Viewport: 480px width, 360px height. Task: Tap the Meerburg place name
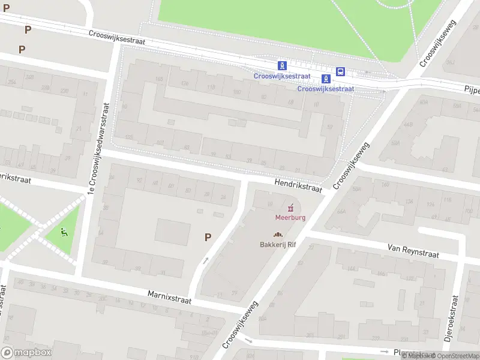pyautogui.click(x=290, y=217)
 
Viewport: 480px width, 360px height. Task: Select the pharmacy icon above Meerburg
pyautogui.click(x=291, y=208)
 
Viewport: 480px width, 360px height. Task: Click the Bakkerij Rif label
pyautogui.click(x=278, y=244)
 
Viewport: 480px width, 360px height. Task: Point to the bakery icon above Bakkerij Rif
pyautogui.click(x=278, y=235)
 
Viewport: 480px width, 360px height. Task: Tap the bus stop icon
pyautogui.click(x=341, y=72)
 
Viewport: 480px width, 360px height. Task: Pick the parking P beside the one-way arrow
pyautogui.click(x=208, y=237)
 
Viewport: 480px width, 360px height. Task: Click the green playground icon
pyautogui.click(x=65, y=231)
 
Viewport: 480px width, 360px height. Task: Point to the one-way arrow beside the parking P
pyautogui.click(x=206, y=261)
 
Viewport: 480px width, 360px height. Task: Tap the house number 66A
pyautogui.click(x=341, y=211)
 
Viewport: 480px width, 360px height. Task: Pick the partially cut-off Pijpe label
pyautogui.click(x=471, y=89)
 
